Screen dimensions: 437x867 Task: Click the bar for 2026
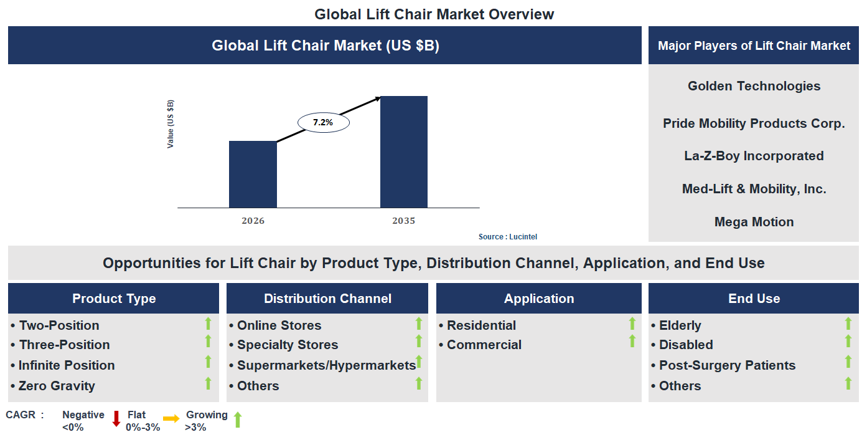253,174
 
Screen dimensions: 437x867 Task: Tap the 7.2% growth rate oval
323,123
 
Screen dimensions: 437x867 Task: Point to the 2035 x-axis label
403,221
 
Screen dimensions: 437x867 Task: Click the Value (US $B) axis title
171,123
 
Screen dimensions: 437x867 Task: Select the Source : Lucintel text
507,237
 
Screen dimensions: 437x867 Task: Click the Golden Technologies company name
754,86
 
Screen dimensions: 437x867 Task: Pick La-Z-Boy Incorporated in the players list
754,156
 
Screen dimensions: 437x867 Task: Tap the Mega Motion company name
754,222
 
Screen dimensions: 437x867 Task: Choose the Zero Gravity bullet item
57,386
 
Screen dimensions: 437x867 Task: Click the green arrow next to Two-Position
209,323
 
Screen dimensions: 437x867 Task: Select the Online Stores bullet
279,325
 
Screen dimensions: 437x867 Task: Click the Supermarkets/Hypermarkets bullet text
326,365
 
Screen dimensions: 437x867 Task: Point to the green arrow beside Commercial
632,341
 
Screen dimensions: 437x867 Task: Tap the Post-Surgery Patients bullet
727,365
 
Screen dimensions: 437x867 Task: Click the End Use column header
754,299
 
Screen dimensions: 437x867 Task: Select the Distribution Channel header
327,299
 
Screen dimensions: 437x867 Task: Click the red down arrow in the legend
116,418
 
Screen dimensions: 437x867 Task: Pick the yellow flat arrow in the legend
171,418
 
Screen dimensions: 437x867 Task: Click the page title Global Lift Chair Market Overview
434,14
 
